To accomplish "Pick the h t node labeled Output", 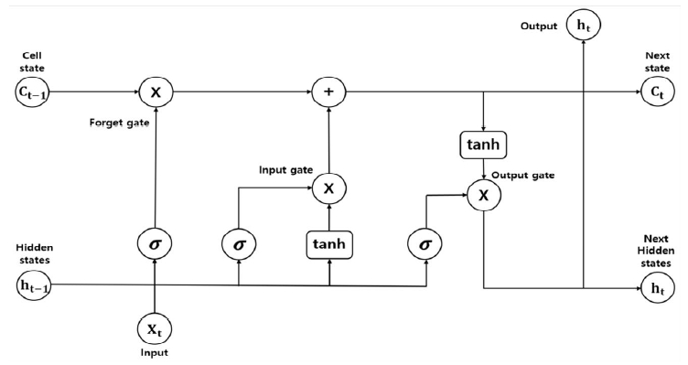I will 582,27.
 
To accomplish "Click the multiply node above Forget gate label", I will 156,91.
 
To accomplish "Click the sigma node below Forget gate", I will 156,244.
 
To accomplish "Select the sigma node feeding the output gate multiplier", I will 425,244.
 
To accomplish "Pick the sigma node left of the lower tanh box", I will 238,244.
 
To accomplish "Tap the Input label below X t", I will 156,352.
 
